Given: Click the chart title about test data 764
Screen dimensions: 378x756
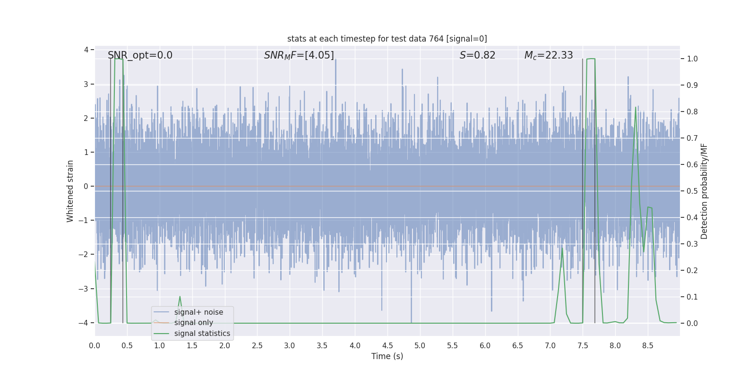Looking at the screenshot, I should [x=387, y=39].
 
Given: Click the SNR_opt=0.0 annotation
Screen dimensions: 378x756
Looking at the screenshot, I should [x=140, y=55].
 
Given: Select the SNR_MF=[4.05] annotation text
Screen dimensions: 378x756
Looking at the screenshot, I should [x=299, y=55].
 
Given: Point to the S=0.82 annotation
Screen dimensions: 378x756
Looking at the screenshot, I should [x=477, y=55].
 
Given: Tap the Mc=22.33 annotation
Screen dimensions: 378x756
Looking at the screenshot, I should [x=548, y=55].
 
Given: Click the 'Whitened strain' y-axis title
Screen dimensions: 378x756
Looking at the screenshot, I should [x=70, y=191].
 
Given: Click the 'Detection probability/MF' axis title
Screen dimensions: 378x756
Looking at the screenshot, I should [x=704, y=191].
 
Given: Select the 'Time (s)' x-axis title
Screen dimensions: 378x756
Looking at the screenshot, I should [x=387, y=356].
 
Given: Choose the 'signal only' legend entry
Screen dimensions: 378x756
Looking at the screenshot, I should [x=193, y=323].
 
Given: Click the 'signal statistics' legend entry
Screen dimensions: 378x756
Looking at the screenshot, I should [x=202, y=334].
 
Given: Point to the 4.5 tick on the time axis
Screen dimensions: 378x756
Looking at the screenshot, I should [x=387, y=345].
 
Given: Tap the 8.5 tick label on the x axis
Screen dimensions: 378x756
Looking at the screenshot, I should [x=647, y=345].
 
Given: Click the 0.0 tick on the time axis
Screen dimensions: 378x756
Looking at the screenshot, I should [x=94, y=345].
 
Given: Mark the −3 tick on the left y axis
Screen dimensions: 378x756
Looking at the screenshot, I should [x=86, y=289].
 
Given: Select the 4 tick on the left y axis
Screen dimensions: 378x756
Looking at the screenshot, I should [x=86, y=50].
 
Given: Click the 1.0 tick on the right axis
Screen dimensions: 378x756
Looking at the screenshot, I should [x=692, y=59].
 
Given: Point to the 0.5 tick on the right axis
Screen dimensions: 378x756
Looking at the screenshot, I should [x=692, y=191].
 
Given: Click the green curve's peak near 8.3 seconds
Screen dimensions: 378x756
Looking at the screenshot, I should [x=636, y=107].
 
